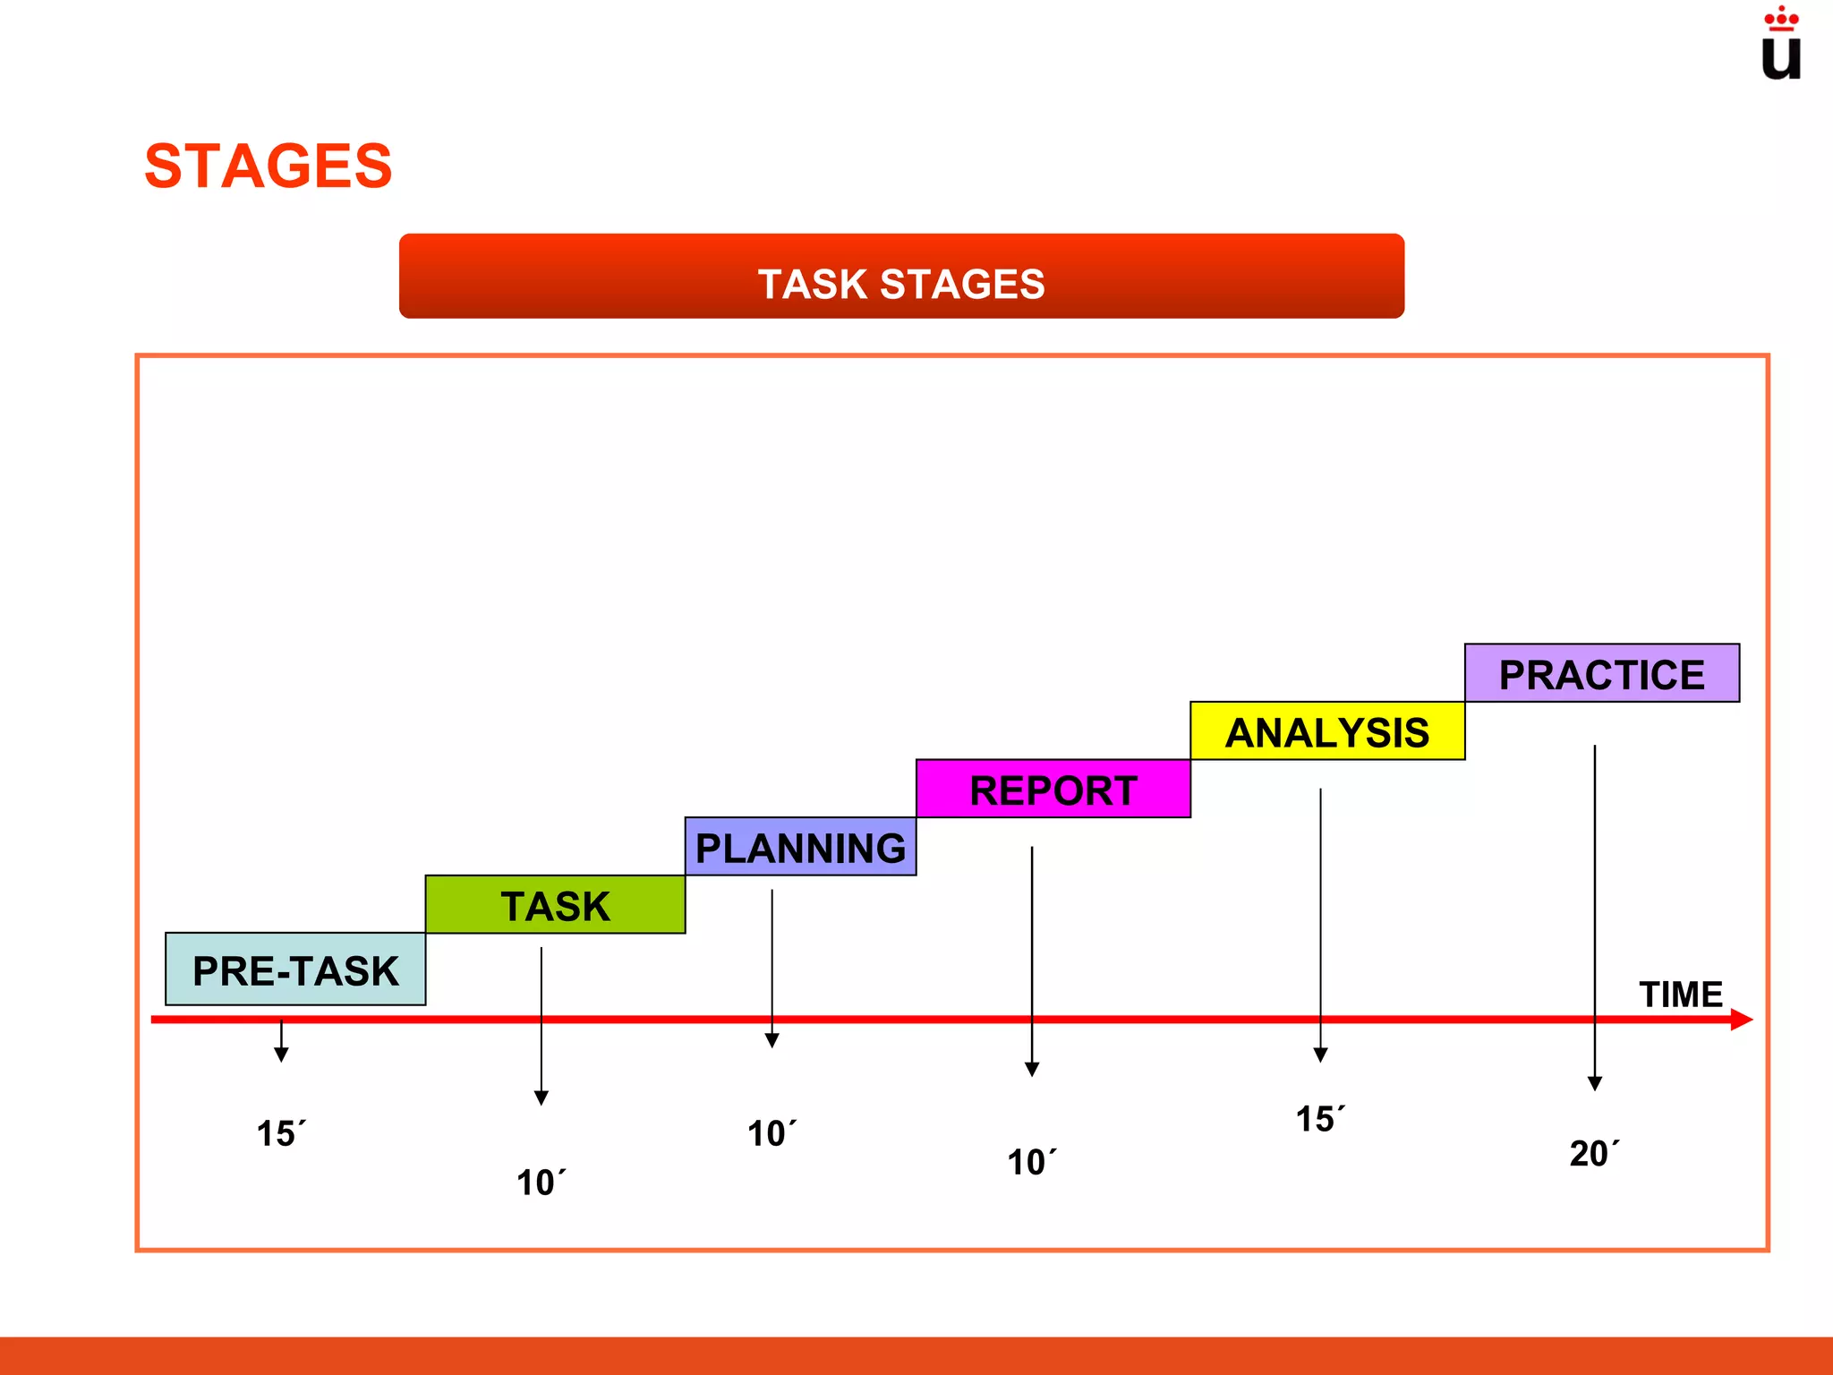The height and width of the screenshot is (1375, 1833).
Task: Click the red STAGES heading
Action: click(x=268, y=167)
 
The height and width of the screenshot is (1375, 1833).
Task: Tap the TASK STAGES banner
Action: click(x=901, y=277)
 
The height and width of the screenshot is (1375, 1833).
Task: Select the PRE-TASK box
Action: click(x=295, y=969)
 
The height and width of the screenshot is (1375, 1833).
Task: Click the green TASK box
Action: click(x=555, y=905)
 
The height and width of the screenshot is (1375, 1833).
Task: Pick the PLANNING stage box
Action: click(x=800, y=847)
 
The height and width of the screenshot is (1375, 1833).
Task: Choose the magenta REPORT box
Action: click(x=1053, y=790)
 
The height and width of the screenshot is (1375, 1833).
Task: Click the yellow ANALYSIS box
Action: click(x=1327, y=731)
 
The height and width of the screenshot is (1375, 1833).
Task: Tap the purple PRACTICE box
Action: click(x=1602, y=673)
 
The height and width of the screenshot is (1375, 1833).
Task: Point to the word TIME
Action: click(x=1680, y=995)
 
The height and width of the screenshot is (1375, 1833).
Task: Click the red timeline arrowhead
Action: click(x=1741, y=1020)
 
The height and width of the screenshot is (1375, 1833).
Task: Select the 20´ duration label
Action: click(x=1593, y=1153)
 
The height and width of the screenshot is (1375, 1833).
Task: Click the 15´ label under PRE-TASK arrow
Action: click(x=281, y=1133)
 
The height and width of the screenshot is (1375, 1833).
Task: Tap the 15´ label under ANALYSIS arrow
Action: click(x=1320, y=1119)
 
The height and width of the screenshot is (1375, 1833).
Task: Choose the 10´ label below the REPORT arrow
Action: click(x=1031, y=1162)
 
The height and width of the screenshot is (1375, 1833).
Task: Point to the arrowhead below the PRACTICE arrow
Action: click(x=1595, y=1084)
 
